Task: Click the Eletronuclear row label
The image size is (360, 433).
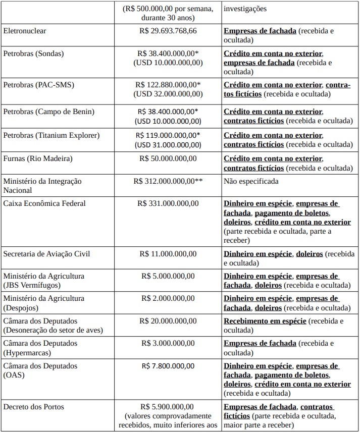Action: (25, 31)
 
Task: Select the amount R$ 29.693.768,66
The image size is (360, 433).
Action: (168, 31)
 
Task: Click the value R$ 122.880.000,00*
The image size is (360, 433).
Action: (168, 85)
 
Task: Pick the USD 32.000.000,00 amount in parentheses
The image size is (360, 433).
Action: (168, 94)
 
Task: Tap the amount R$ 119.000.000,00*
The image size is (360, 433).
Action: (168, 135)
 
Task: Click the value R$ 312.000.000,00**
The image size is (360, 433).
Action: (168, 181)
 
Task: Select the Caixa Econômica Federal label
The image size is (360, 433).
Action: (44, 203)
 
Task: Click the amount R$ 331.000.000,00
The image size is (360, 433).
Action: (168, 203)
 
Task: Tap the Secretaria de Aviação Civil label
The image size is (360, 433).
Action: (47, 253)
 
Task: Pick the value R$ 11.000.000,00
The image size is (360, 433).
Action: (168, 253)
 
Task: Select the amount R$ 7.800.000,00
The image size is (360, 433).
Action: (168, 366)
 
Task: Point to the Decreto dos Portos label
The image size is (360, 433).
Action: (33, 406)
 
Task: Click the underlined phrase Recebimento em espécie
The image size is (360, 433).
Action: (265, 321)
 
